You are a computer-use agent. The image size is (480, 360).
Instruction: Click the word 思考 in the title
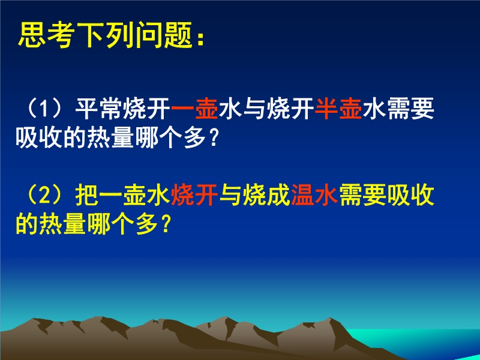[x=46, y=35]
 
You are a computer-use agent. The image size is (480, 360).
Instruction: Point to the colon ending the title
[x=201, y=39]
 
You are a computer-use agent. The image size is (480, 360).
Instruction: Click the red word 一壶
[x=194, y=109]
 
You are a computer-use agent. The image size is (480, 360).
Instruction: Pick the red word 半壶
[x=338, y=109]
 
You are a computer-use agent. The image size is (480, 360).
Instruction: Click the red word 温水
[x=314, y=195]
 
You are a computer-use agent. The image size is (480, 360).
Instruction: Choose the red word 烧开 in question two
[x=194, y=195]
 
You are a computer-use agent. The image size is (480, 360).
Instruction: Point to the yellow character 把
[x=86, y=195]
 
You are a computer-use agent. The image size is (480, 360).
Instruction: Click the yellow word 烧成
[x=266, y=195]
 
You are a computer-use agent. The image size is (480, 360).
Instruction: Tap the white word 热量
[x=110, y=138]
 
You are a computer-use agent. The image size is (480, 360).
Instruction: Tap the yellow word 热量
[x=63, y=224]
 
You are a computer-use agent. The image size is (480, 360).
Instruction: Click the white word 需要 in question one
[x=410, y=109]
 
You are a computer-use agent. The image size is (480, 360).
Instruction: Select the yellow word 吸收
[x=410, y=195]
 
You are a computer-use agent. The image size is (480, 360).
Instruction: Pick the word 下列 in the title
[x=106, y=35]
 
